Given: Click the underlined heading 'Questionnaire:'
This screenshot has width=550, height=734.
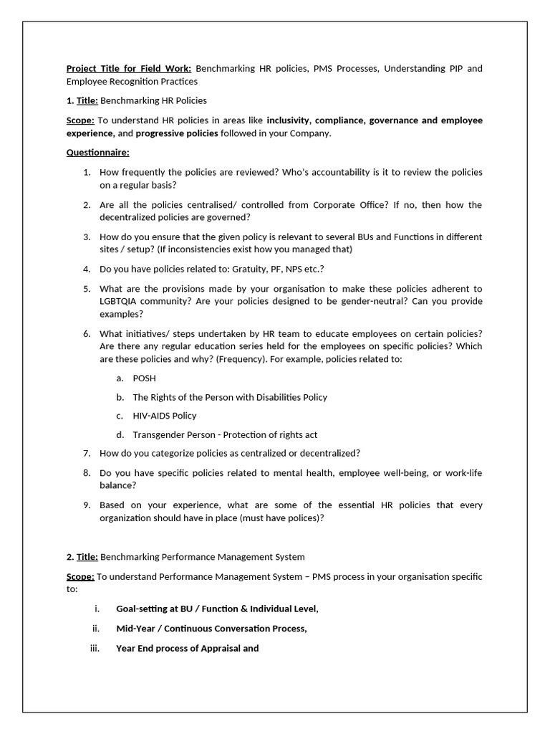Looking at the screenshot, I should [98, 153].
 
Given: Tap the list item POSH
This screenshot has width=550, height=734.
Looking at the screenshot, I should [144, 378].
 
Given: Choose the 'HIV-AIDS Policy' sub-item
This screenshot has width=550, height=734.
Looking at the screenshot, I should [164, 416].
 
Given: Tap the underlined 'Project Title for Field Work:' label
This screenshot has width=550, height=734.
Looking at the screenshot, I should [129, 69].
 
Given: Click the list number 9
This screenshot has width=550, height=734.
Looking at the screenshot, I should [86, 505].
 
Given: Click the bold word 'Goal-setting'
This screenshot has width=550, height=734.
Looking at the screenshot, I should [142, 609].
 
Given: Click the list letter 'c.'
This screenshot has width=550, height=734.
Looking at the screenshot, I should [120, 416].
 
